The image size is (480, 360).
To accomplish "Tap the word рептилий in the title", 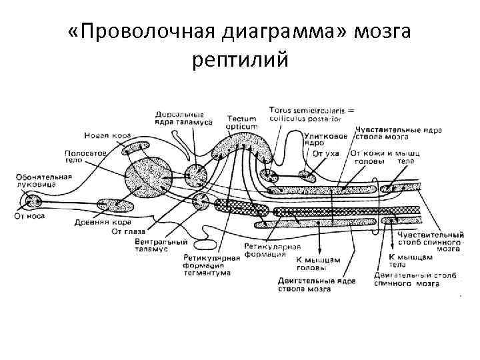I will click(240, 61).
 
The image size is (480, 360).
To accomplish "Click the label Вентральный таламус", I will click(154, 245).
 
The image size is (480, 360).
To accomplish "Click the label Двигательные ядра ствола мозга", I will click(317, 285).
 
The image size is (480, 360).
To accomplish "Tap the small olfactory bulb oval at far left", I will click(30, 199).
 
